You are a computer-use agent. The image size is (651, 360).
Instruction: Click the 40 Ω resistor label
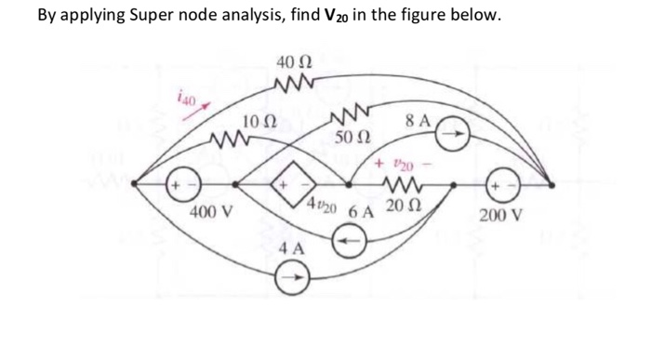[x=295, y=62]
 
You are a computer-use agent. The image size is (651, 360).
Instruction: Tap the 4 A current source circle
[x=292, y=276]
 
